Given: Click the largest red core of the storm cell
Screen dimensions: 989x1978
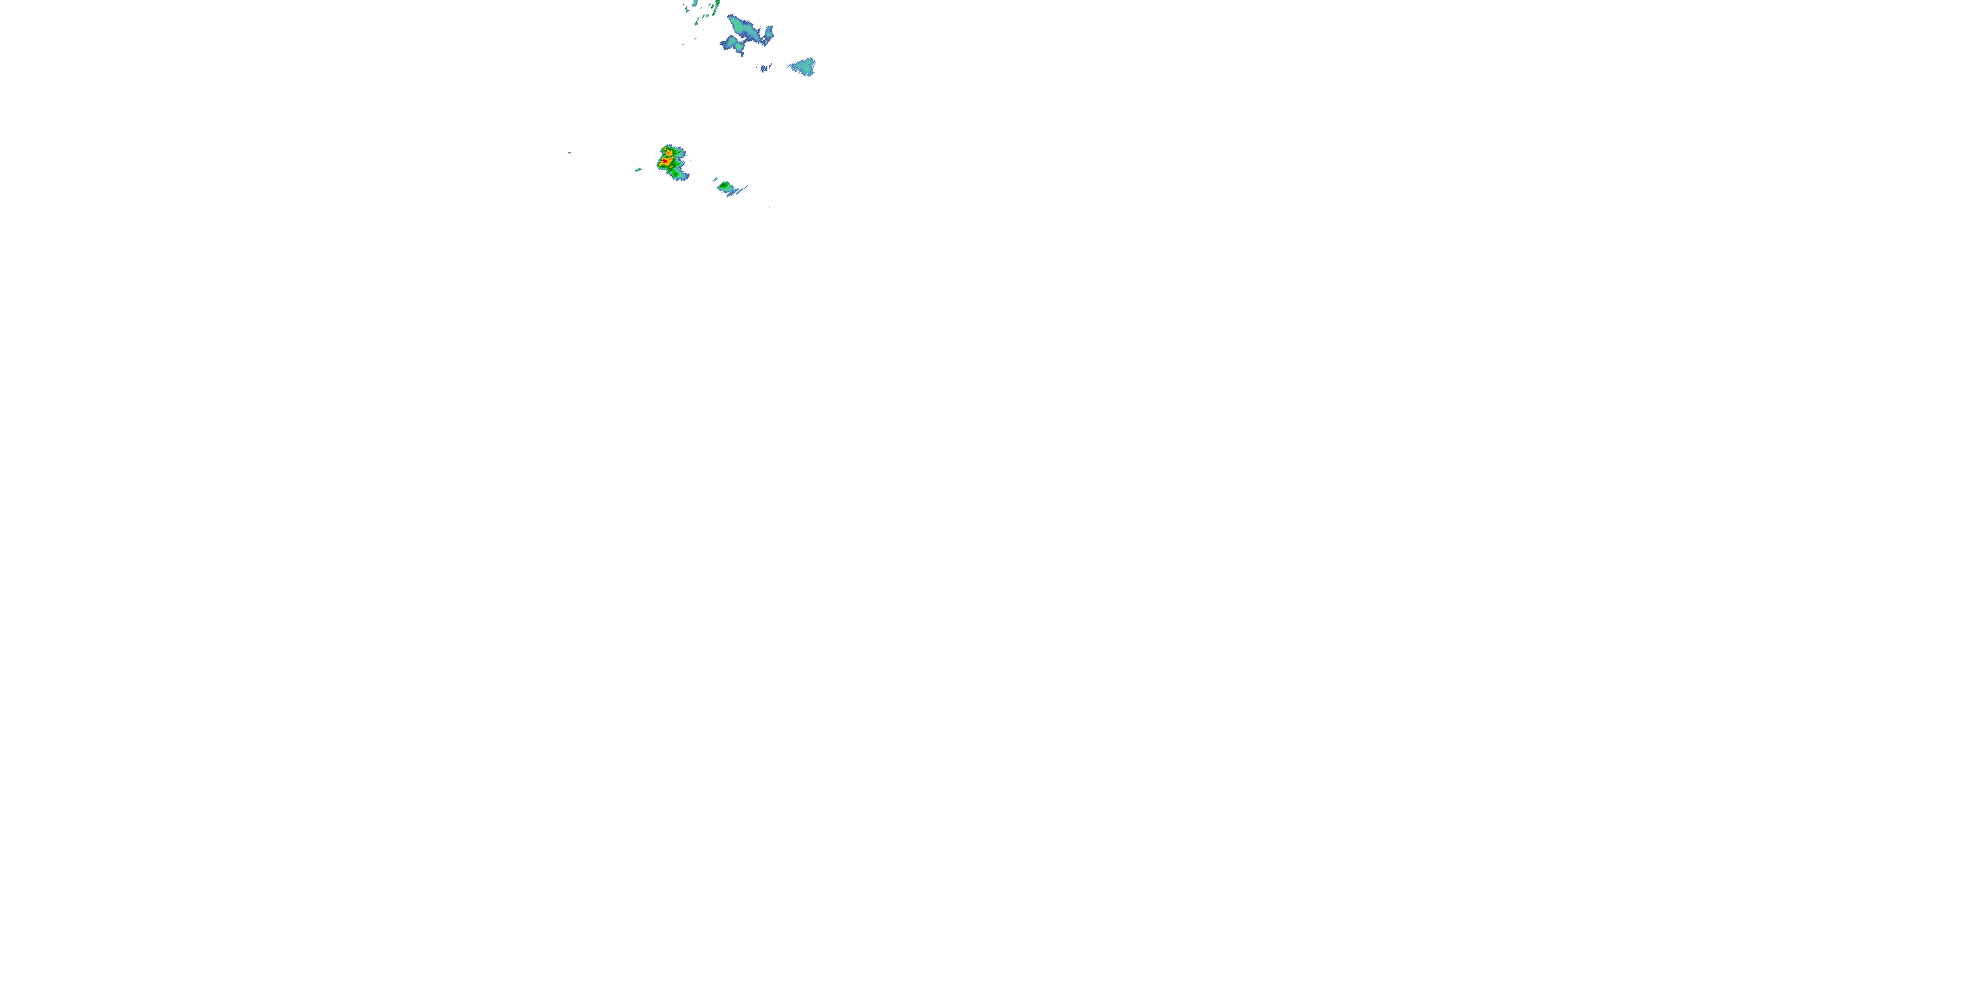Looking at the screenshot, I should click(665, 162).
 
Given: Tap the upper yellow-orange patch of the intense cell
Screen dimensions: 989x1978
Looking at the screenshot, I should click(669, 154).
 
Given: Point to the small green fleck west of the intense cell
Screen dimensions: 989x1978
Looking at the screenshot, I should click(639, 169).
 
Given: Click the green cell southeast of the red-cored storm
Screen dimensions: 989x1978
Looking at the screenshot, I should click(724, 186).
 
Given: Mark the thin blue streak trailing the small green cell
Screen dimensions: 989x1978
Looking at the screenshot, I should click(742, 189).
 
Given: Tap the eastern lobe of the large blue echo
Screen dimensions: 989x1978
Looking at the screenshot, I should click(769, 34).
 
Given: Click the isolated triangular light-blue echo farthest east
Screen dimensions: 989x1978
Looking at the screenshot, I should click(803, 67).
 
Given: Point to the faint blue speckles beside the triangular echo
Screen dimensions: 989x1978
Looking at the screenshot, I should click(765, 69).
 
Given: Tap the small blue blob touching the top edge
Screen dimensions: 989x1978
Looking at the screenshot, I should click(696, 4).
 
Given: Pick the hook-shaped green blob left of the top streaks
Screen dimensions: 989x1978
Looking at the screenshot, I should click(687, 10).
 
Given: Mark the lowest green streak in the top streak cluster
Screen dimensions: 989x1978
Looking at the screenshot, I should click(697, 22).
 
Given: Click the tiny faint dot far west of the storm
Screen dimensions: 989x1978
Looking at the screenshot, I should click(569, 153).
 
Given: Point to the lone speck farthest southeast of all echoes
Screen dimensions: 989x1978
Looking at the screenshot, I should click(769, 207).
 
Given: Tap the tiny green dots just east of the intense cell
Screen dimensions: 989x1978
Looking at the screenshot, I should click(692, 160).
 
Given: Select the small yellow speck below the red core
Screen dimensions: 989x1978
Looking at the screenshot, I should click(672, 167).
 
